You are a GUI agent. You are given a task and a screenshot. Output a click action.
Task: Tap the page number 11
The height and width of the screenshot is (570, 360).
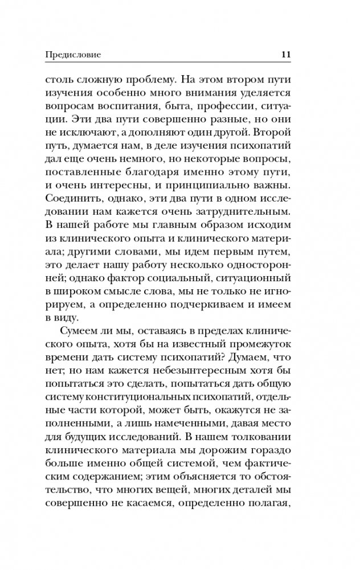pos(287,55)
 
